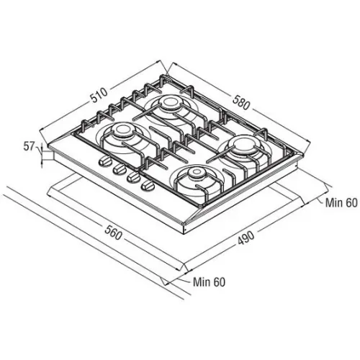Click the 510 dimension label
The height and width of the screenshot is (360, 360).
click(99, 96)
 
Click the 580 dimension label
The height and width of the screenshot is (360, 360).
click(241, 102)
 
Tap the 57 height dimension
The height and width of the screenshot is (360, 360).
click(29, 146)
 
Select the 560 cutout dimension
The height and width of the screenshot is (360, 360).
click(112, 233)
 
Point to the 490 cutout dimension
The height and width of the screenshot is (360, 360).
click(246, 238)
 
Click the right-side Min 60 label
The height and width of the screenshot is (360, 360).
click(341, 203)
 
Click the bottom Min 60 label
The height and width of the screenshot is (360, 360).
click(209, 282)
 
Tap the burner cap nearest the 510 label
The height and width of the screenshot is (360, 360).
click(170, 102)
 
